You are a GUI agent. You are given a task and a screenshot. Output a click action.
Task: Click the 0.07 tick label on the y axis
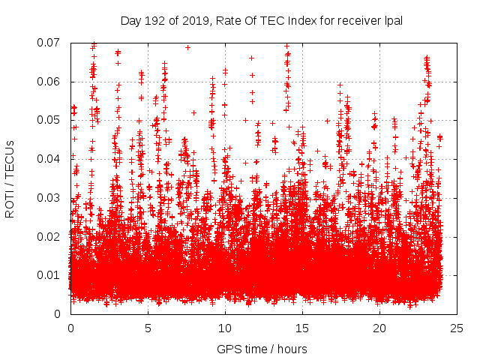tap(49, 43)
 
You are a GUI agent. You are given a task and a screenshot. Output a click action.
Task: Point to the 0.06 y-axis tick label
tap(49, 82)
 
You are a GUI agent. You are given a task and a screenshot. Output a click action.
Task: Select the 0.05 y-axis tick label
tap(49, 120)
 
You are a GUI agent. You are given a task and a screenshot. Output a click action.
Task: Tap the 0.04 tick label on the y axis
tap(49, 159)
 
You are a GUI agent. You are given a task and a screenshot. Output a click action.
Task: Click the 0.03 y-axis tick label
tap(49, 198)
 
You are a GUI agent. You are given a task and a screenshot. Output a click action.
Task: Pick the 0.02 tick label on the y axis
tap(49, 236)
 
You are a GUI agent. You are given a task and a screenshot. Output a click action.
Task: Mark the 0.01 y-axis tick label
tap(49, 275)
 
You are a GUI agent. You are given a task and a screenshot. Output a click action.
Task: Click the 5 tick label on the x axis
tap(148, 328)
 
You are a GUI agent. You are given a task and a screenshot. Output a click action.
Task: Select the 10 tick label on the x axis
tap(225, 328)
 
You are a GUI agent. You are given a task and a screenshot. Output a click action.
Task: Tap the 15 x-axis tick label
tap(302, 328)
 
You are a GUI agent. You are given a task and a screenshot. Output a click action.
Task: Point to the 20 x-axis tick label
tap(379, 328)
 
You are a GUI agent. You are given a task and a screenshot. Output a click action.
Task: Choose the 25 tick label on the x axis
tap(457, 328)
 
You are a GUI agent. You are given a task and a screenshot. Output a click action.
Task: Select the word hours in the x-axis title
tap(290, 349)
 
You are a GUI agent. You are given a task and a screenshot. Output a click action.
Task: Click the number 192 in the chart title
tap(154, 21)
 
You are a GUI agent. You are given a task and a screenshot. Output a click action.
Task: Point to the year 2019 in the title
tap(192, 21)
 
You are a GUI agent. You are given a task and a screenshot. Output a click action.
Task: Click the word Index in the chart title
tap(304, 21)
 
